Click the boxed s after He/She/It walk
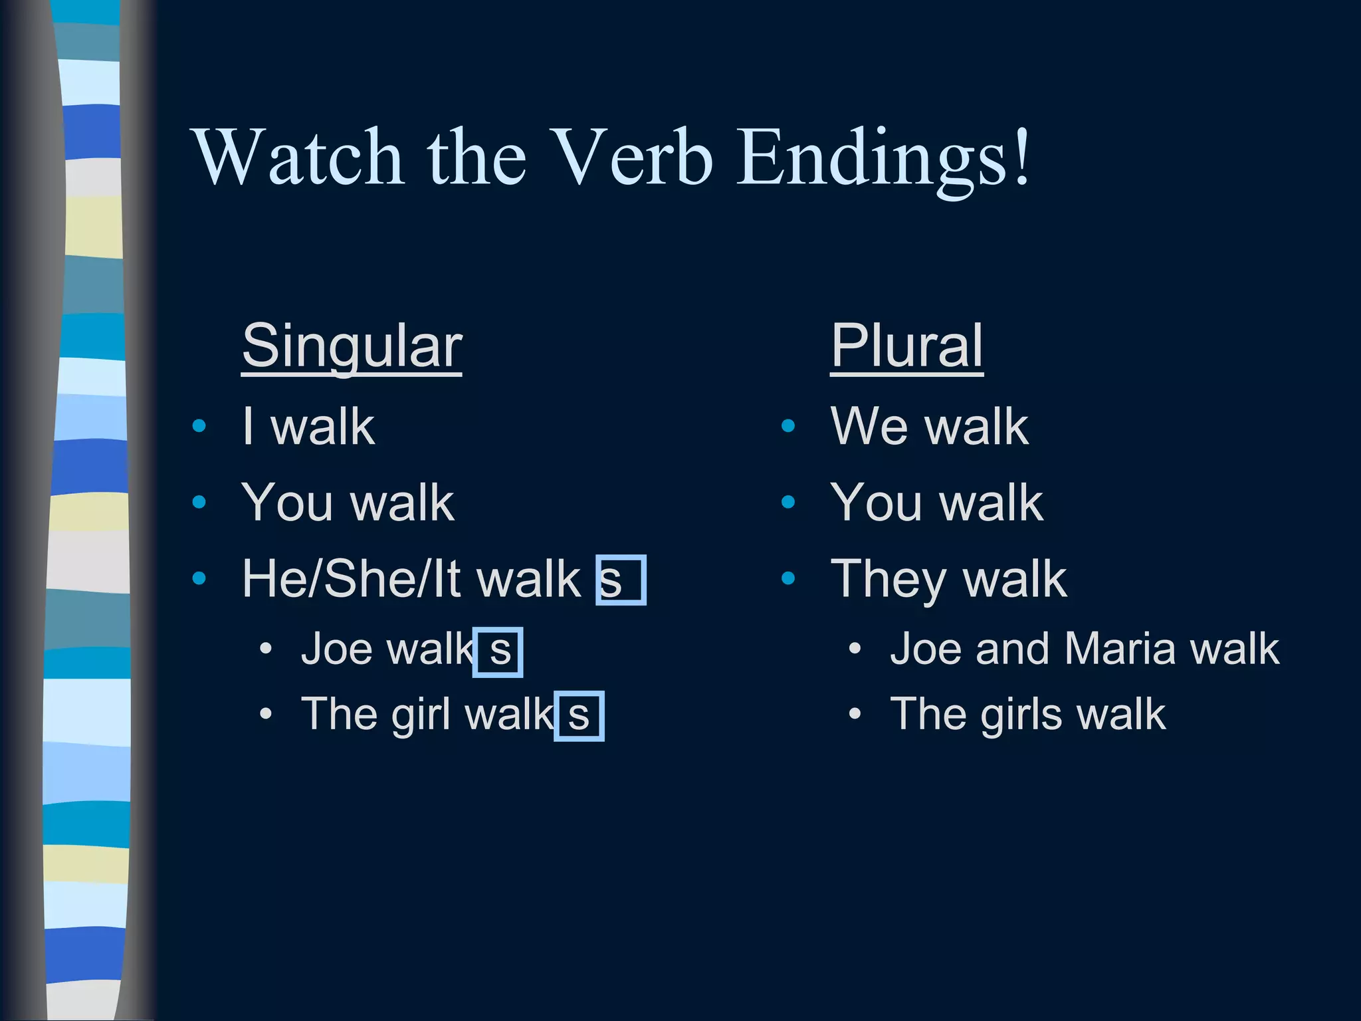tap(621, 580)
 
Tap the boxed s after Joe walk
tap(498, 651)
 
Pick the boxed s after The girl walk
tap(579, 716)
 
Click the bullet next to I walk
tap(199, 426)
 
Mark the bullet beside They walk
tap(788, 579)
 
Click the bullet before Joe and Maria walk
tap(855, 649)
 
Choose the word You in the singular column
tap(286, 503)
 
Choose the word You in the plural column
tap(876, 503)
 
